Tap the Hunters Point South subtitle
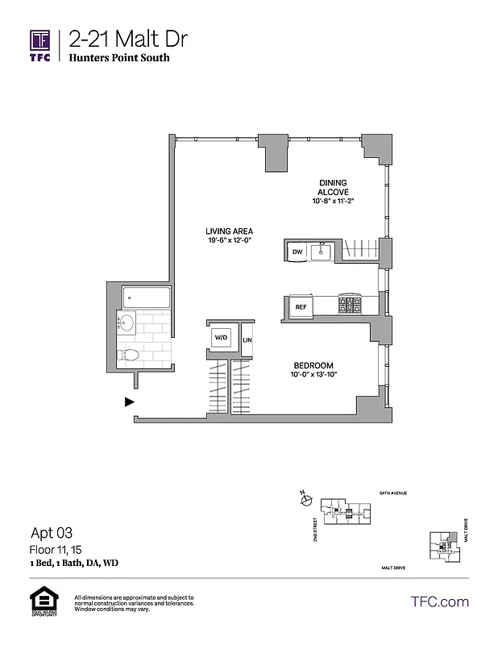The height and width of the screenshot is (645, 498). coord(118,59)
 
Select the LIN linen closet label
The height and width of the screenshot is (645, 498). coord(247,339)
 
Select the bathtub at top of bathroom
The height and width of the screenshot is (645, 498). coord(146,298)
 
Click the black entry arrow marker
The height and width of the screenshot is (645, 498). coord(129,401)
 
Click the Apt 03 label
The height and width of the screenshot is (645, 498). coord(52,533)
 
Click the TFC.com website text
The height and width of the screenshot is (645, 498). coord(439,601)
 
